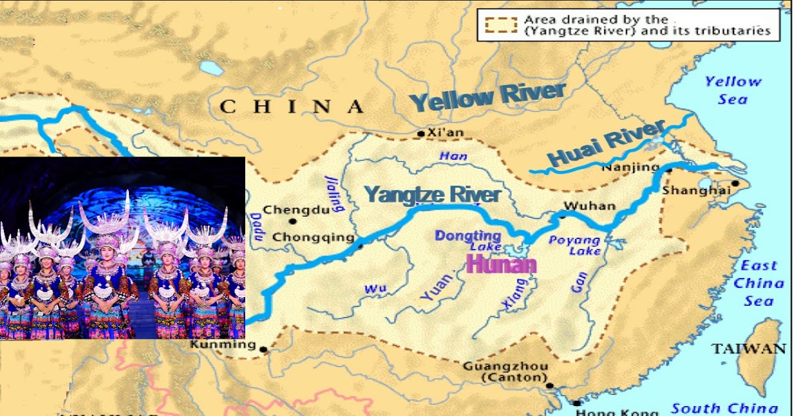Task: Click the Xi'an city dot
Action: [x=420, y=134]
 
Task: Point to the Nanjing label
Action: [x=630, y=168]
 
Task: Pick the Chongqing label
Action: [x=313, y=237]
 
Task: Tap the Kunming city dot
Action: [x=263, y=349]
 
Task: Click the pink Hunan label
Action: [x=501, y=265]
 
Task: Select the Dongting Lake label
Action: [x=468, y=240]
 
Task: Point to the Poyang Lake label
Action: [x=574, y=245]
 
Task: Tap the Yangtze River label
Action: [x=433, y=195]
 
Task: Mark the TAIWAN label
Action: [x=749, y=349]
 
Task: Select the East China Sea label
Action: [x=758, y=283]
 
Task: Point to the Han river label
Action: [x=452, y=156]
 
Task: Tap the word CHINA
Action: [x=291, y=107]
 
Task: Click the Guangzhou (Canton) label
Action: [x=505, y=372]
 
